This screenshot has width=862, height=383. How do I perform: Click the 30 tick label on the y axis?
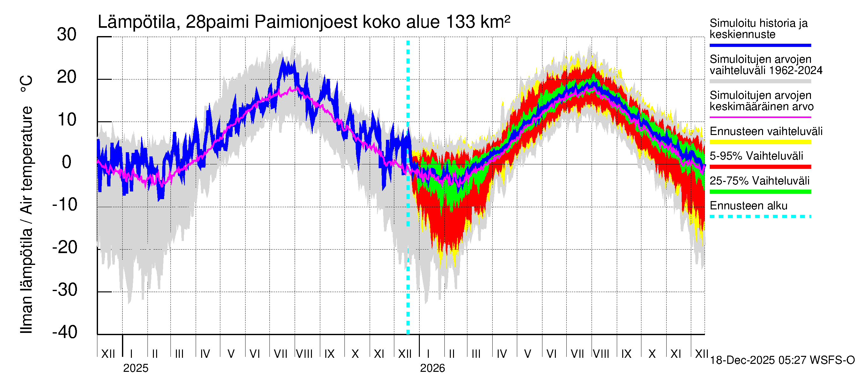coord(67,35)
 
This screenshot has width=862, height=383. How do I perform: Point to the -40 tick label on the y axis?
coord(65,333)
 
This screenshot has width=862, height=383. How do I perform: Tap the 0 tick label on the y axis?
coord(67,162)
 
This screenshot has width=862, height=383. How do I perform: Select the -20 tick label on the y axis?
coord(65,248)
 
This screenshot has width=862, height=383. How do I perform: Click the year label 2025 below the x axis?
coord(135,368)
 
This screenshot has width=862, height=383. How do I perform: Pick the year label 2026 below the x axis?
coord(432,368)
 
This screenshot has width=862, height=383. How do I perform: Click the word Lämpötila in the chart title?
coord(137,22)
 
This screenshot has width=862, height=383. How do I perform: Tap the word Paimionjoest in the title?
coord(306,22)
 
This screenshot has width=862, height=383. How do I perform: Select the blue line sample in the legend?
coord(760,45)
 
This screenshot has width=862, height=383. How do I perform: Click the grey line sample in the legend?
coord(760,81)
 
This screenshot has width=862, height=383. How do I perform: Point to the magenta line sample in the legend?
coord(760,117)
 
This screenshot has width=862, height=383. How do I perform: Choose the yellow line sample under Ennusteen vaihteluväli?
coord(760,142)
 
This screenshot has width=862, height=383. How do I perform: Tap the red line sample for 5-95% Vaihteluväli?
coord(760,167)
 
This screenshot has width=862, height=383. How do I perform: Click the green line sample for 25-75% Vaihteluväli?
coord(760,192)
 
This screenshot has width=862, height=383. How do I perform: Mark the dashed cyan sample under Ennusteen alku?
coord(760,216)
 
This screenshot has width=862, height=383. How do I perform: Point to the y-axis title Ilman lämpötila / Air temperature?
coord(26,204)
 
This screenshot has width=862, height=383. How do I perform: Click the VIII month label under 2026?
coord(601,354)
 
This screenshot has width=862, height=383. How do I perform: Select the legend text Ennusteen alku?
coord(749,206)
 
